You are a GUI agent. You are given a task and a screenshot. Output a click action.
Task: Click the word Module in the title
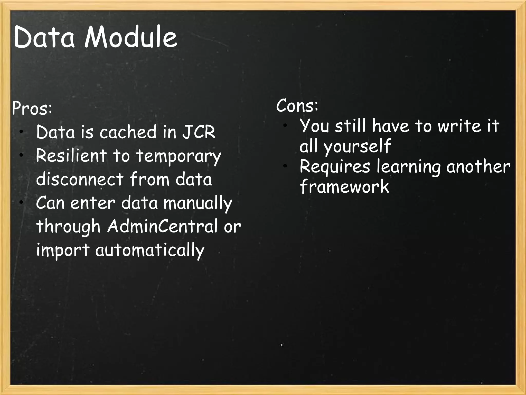coord(131,37)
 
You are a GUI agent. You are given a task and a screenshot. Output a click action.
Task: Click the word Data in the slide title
coord(44,37)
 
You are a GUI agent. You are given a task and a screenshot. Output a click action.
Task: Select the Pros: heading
coord(32,109)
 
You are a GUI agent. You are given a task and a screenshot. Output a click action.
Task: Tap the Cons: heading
coord(297,106)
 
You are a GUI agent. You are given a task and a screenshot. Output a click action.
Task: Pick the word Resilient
coord(71,156)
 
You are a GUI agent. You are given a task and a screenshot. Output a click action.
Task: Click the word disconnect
coord(80,179)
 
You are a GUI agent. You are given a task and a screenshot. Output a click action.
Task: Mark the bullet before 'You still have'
coord(285,125)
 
